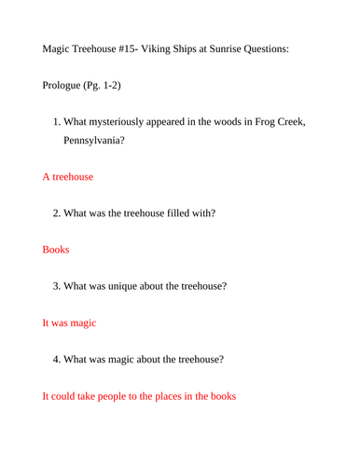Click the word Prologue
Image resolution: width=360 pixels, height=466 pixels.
pos(66,85)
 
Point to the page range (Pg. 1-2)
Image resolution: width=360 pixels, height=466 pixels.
pos(115,85)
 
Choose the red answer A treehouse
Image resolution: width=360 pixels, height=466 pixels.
pos(67,175)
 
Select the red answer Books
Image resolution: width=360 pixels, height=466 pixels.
pos(56,250)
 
